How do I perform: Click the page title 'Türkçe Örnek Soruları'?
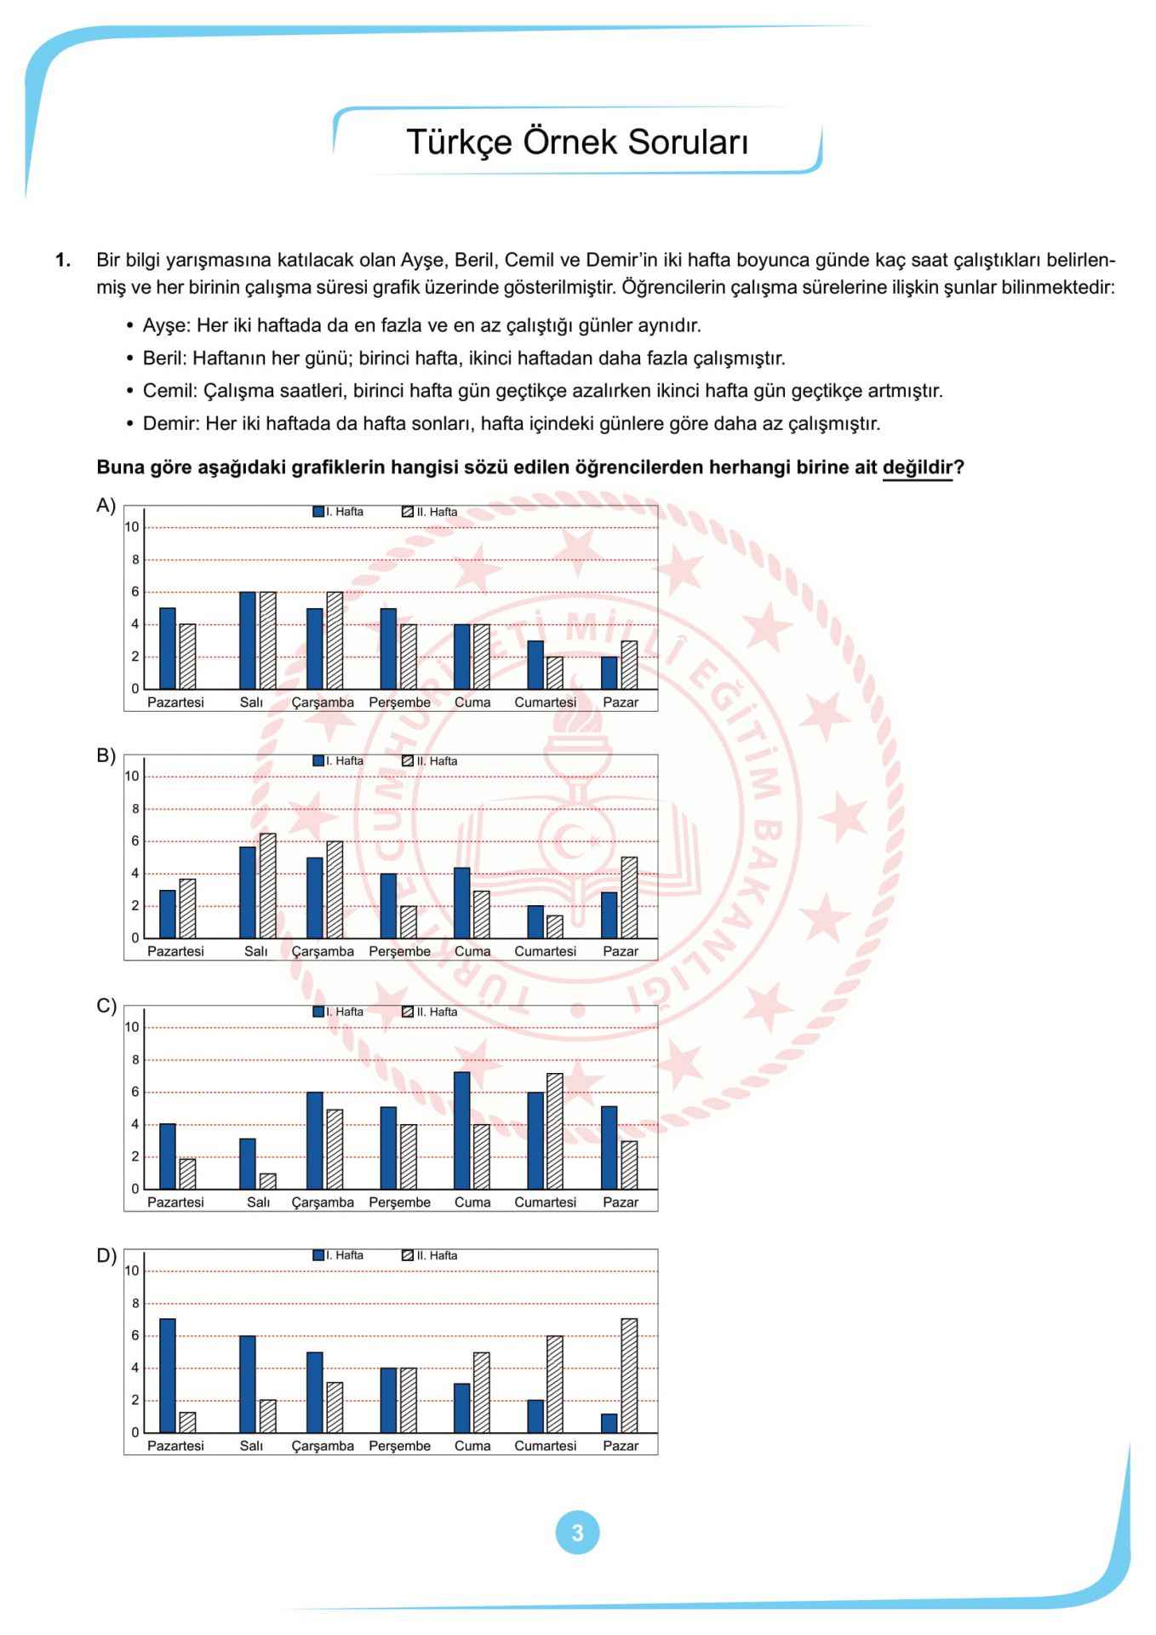tap(577, 142)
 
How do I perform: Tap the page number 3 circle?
tap(577, 1533)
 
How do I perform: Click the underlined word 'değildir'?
tap(917, 468)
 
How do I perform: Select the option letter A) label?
tap(106, 506)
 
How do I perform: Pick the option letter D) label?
tap(106, 1256)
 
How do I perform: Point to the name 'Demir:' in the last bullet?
tap(171, 423)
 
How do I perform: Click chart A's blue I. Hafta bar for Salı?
tap(248, 640)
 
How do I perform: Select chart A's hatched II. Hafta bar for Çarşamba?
tap(335, 640)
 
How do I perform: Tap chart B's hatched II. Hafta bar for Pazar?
tap(629, 898)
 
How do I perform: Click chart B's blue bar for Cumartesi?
tap(535, 921)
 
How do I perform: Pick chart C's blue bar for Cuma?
tap(461, 1130)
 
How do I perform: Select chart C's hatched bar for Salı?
tap(267, 1181)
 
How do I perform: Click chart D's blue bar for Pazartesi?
tap(167, 1375)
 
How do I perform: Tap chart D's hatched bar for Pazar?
tap(629, 1375)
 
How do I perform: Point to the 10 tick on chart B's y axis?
tap(132, 776)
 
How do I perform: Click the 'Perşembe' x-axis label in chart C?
tap(399, 1202)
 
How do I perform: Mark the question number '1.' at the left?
tap(63, 260)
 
